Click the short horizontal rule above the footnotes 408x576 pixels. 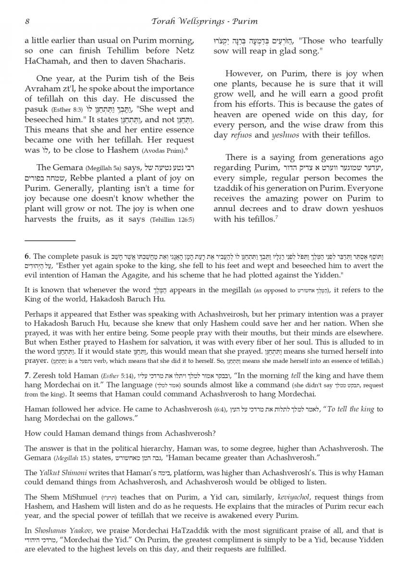tap(50, 240)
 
